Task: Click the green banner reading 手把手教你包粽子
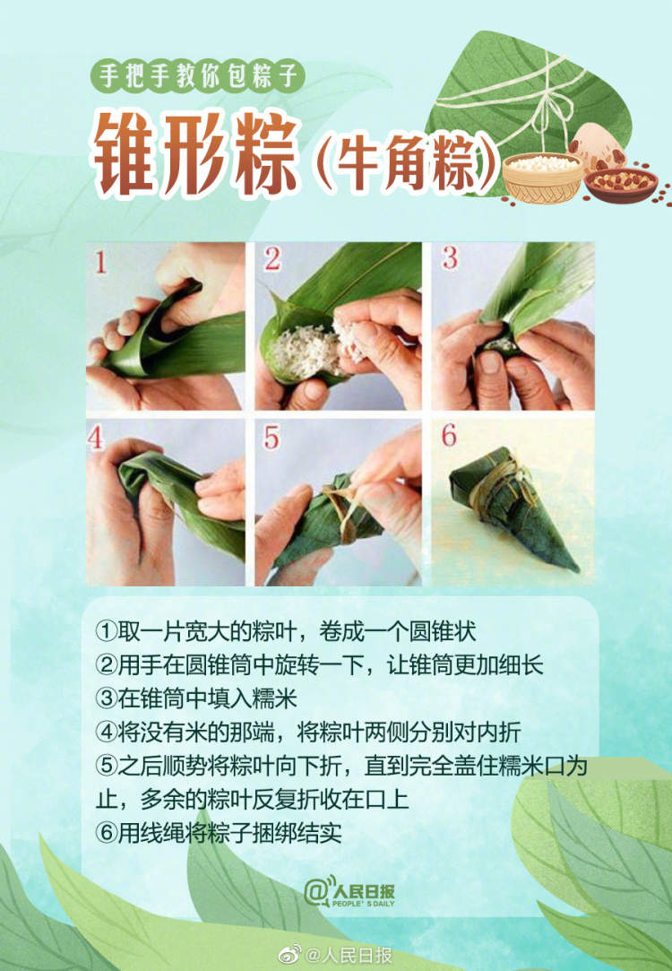click(x=197, y=74)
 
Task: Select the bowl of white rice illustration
click(x=541, y=175)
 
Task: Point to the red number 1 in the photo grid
click(x=101, y=263)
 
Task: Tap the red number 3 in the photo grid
click(x=450, y=259)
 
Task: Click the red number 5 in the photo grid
click(x=272, y=438)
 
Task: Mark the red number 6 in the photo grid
click(x=449, y=437)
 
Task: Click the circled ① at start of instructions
click(x=106, y=632)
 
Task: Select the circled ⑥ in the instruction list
click(x=106, y=832)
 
